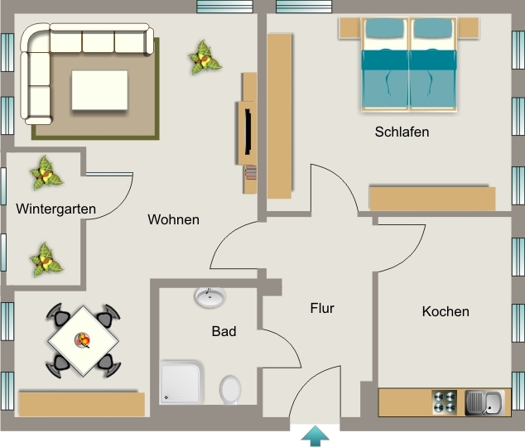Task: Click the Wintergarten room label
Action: coord(56,209)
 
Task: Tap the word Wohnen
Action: coord(173,219)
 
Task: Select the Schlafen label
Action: coord(402,132)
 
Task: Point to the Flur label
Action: coord(322,308)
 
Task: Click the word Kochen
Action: coord(446,311)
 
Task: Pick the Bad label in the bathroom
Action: coord(224,331)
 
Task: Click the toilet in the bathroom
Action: coord(230,389)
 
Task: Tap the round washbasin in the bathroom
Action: coord(210,297)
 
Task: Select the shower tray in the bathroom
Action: coord(182,382)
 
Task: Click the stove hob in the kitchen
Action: coord(445,401)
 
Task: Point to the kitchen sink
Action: coord(484,402)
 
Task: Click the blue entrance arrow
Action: coord(315,436)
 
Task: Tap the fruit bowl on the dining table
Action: coord(83,340)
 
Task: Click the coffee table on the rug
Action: coord(99,90)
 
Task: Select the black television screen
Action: coord(248,132)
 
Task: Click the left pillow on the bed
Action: coord(384,28)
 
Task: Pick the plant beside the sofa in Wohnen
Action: coord(204,58)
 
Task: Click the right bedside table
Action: coord(469,27)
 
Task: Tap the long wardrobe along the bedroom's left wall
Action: coord(279,116)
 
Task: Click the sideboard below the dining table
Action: coord(82,404)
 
